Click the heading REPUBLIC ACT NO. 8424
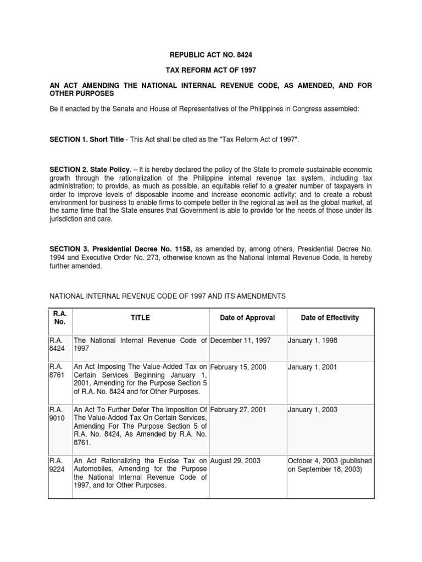(210, 55)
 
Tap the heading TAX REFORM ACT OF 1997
(210, 70)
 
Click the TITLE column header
(140, 318)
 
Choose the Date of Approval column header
(247, 318)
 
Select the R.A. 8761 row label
(57, 371)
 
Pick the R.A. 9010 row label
(57, 414)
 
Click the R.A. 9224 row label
(57, 465)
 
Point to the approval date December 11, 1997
(241, 341)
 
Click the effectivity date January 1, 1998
(313, 341)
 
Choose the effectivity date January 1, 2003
(313, 409)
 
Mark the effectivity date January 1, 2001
(313, 367)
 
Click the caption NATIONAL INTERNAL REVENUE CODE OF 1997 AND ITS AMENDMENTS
(168, 296)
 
